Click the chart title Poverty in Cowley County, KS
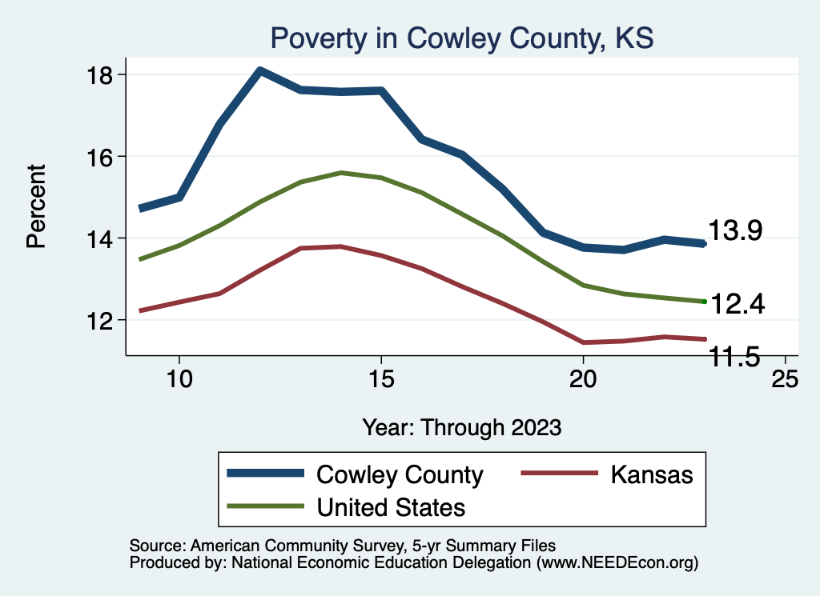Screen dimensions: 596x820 [462, 38]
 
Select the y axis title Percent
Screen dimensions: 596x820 [37, 206]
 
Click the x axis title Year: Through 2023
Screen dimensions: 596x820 [461, 426]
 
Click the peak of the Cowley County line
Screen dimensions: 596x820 [259, 71]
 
